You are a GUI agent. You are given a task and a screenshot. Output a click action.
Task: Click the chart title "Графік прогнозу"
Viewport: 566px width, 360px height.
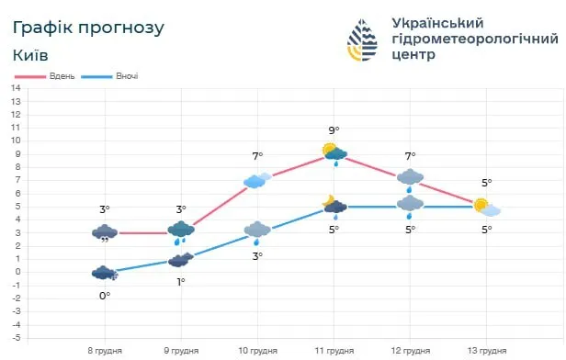pyautogui.click(x=89, y=28)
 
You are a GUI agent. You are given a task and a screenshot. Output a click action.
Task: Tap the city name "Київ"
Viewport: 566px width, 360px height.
pyautogui.click(x=31, y=55)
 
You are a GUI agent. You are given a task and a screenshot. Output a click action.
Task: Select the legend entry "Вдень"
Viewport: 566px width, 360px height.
pyautogui.click(x=60, y=75)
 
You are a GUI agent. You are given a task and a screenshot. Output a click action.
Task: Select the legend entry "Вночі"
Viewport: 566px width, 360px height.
pyautogui.click(x=126, y=75)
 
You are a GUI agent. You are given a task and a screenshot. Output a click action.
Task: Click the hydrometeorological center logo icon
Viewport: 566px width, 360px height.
pyautogui.click(x=364, y=39)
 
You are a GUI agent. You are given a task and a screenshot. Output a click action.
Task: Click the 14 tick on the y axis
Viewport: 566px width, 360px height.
pyautogui.click(x=16, y=88)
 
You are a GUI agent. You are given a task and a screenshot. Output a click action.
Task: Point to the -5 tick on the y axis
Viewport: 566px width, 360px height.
pyautogui.click(x=16, y=337)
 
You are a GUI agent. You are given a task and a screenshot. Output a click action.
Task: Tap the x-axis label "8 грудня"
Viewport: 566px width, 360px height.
pyautogui.click(x=105, y=350)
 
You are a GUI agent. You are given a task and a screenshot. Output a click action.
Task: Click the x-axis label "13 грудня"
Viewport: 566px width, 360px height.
pyautogui.click(x=487, y=350)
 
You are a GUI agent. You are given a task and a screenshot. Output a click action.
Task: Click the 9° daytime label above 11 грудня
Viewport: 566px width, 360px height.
pyautogui.click(x=334, y=130)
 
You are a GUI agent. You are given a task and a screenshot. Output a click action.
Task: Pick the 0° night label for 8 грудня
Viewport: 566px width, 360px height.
pyautogui.click(x=105, y=295)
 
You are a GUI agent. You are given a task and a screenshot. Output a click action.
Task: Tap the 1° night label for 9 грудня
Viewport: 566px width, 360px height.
pyautogui.click(x=181, y=281)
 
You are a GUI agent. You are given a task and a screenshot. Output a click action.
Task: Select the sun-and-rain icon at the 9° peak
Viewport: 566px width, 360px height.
pyautogui.click(x=334, y=153)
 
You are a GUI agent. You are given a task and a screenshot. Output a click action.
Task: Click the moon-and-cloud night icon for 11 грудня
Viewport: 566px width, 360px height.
pyautogui.click(x=334, y=206)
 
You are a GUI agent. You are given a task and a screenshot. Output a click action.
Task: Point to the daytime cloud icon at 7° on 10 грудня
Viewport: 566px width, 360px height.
pyautogui.click(x=257, y=180)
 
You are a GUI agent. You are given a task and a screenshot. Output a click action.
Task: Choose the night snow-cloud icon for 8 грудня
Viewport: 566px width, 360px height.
pyautogui.click(x=105, y=273)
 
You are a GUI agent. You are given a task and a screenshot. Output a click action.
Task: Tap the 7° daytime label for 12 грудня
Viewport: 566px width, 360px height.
pyautogui.click(x=411, y=156)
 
